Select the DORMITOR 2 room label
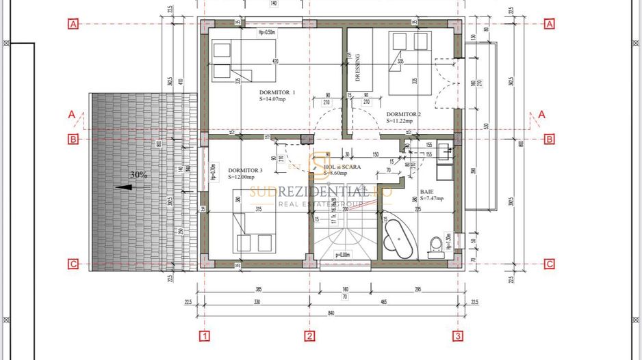[x=403, y=114]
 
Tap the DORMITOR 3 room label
[x=245, y=170]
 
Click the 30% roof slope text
[x=140, y=175]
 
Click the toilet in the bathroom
[x=434, y=245]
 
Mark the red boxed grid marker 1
[x=203, y=335]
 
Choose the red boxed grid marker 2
[x=309, y=335]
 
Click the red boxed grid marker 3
[x=458, y=335]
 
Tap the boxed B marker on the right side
[x=549, y=139]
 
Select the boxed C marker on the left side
[x=73, y=264]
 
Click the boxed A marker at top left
[x=73, y=24]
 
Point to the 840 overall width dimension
[x=331, y=312]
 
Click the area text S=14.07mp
[x=274, y=99]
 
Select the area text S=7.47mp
[x=432, y=199]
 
